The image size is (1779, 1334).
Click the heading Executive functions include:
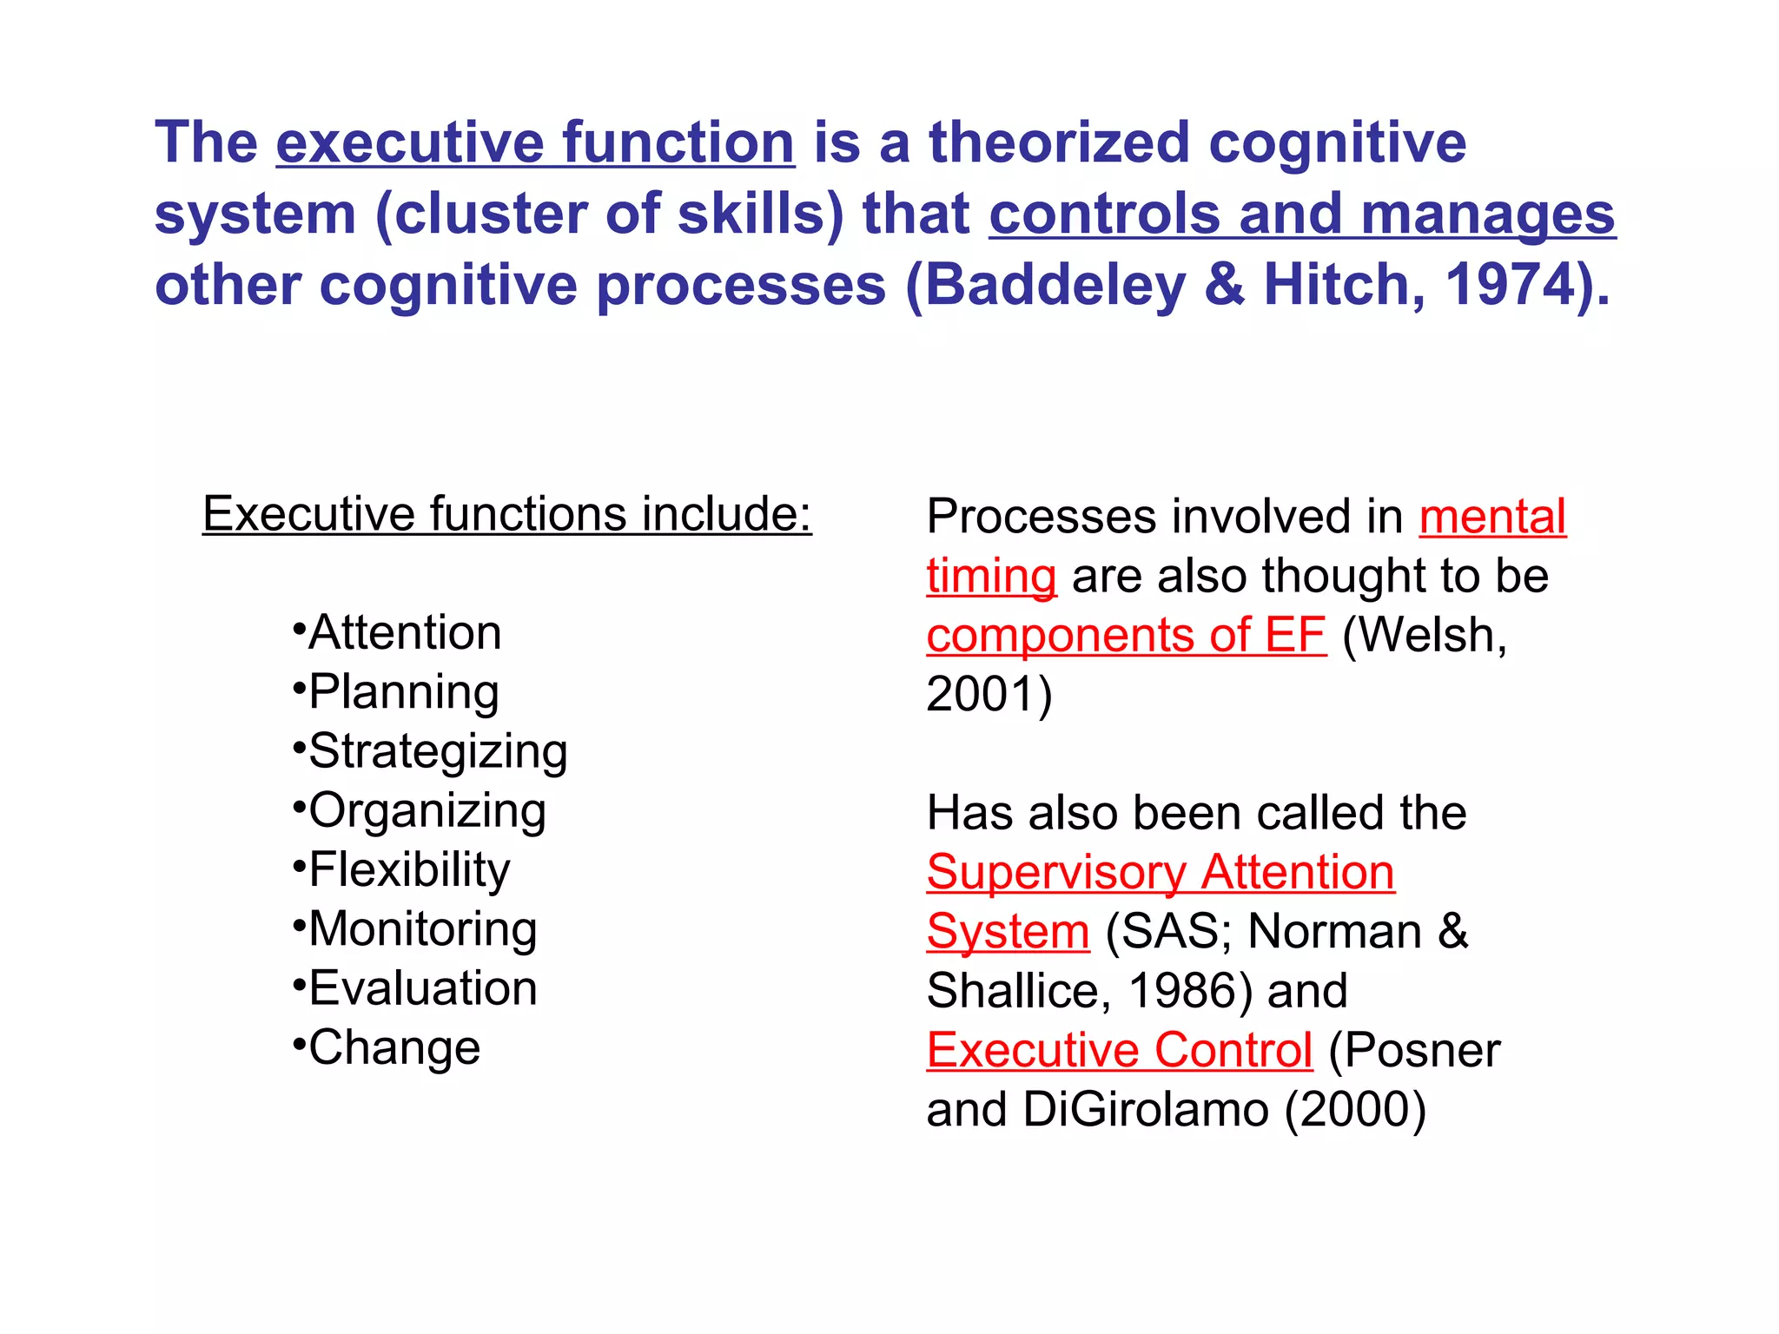pos(506,513)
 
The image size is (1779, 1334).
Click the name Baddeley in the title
pos(1055,285)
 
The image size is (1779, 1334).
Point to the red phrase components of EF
pos(1126,635)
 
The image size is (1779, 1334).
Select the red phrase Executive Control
pos(1119,1050)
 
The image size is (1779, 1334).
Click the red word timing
pos(991,576)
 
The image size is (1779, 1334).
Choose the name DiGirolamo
pos(1146,1109)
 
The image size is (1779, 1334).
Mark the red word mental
pos(1492,517)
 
